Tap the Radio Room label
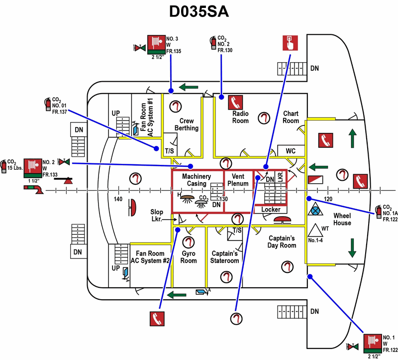point(240,117)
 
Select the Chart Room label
point(291,117)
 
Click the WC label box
point(291,151)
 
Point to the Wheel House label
point(342,219)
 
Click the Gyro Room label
point(189,257)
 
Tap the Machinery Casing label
point(197,180)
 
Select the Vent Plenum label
point(237,180)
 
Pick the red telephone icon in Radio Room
point(234,102)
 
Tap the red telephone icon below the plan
point(157,319)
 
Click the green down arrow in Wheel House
point(352,247)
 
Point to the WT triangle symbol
point(314,230)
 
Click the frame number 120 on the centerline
point(327,199)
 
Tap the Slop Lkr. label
point(157,215)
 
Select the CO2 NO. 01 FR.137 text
point(59,106)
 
